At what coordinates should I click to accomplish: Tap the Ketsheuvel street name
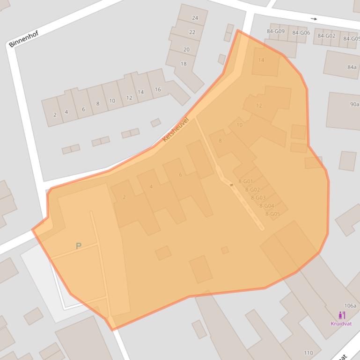[175, 130]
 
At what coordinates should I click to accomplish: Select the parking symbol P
[79, 246]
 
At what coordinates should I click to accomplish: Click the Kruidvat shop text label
[341, 324]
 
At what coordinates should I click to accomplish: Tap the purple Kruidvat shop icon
[341, 315]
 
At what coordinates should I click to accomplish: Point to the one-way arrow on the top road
[314, 19]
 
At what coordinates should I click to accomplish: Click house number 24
[195, 18]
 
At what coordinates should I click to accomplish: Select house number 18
[184, 64]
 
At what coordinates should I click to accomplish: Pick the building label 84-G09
[276, 31]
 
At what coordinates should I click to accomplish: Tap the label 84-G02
[326, 36]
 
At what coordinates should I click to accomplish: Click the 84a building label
[352, 67]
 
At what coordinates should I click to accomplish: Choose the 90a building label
[354, 104]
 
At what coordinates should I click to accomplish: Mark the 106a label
[350, 306]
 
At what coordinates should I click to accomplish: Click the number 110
[308, 353]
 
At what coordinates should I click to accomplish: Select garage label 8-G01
[246, 181]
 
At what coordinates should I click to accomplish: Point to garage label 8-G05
[272, 214]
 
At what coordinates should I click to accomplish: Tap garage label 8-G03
[258, 198]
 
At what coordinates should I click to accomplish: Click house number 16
[157, 89]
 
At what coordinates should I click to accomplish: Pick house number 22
[192, 32]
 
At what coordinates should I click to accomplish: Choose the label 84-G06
[301, 33]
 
